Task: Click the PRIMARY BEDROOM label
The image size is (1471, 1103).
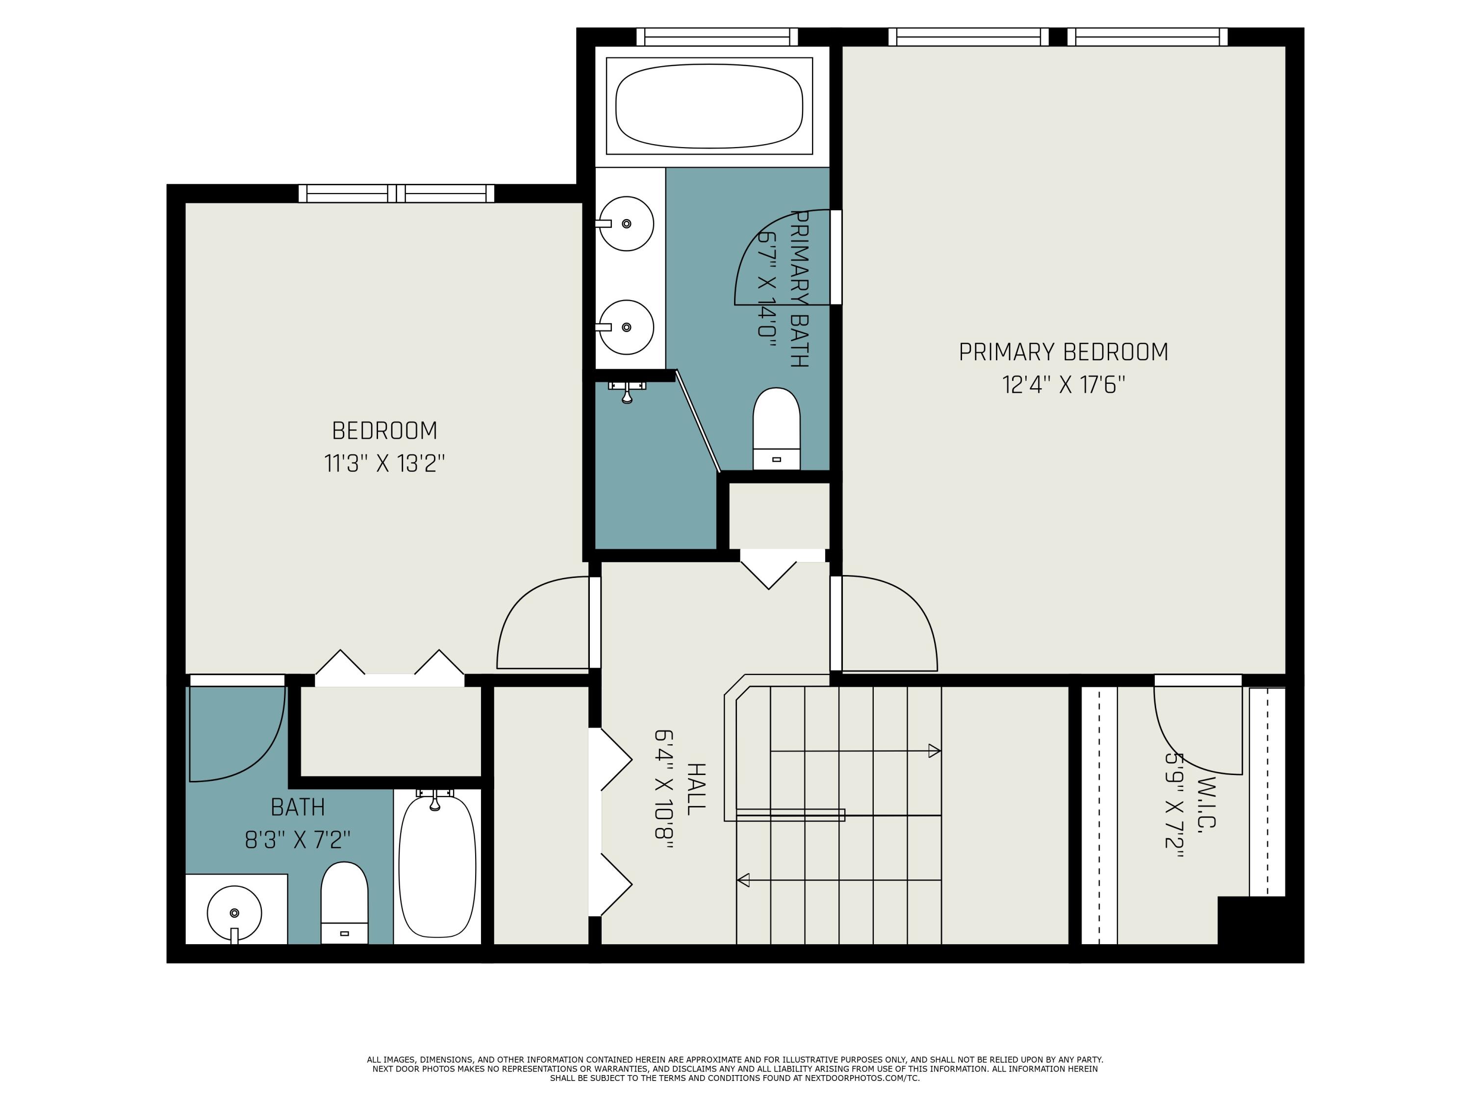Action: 1063,351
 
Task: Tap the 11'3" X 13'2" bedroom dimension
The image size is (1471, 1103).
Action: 384,463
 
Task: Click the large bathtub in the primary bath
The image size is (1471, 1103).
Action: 709,106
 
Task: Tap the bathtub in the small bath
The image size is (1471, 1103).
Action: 437,866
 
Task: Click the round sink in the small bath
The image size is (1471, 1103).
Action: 234,912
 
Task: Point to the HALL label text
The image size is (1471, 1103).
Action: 695,789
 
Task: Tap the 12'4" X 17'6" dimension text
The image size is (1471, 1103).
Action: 1063,385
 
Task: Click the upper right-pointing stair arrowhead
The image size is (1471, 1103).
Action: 935,752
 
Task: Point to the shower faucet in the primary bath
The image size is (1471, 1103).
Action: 627,392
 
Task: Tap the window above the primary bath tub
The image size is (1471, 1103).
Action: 717,37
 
